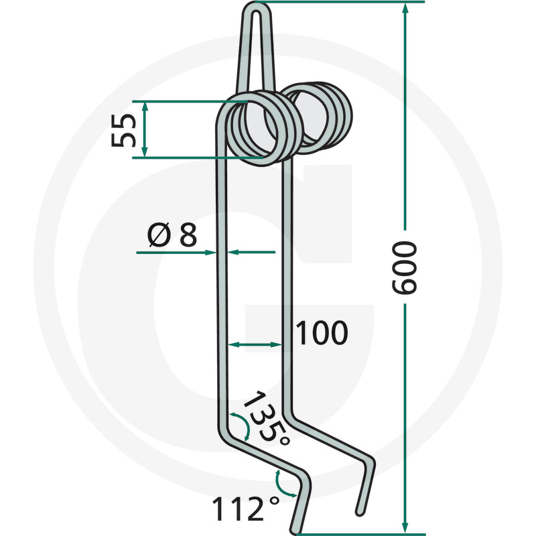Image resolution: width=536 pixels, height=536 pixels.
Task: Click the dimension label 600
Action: tap(404, 267)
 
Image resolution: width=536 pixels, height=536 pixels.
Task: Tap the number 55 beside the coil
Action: tap(123, 130)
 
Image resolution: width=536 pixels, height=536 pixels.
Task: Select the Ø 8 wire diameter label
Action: tap(172, 234)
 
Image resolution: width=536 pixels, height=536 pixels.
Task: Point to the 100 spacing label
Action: tap(322, 333)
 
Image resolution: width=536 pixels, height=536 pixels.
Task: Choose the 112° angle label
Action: tap(245, 509)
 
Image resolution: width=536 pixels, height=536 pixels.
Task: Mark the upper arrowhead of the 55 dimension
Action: tap(145, 107)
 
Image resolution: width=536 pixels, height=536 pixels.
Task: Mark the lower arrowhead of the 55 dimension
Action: tap(145, 152)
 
